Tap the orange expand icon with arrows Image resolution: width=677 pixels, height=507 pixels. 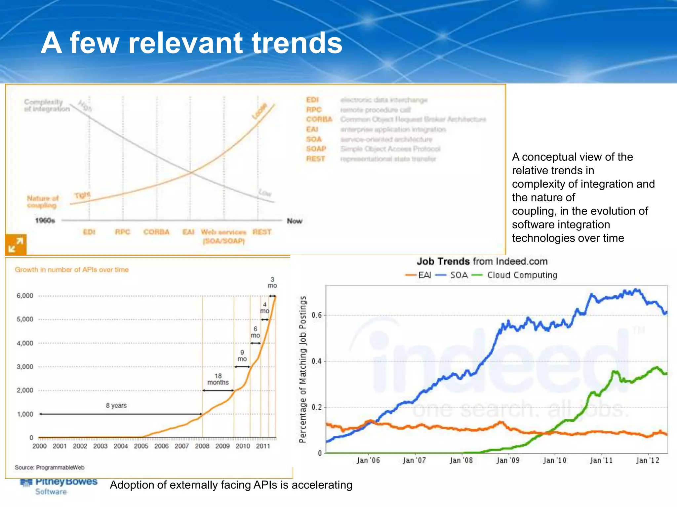click(16, 245)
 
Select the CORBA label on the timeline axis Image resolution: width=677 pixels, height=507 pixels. click(156, 232)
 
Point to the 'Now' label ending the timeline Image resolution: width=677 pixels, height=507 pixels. click(294, 221)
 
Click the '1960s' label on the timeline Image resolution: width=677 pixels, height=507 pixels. click(45, 220)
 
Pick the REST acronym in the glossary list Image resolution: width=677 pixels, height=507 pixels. click(315, 159)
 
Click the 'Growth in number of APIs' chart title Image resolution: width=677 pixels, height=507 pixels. click(72, 270)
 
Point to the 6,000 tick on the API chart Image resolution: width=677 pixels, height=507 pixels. click(25, 296)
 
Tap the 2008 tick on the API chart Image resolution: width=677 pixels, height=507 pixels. click(202, 446)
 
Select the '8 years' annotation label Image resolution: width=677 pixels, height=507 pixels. click(116, 405)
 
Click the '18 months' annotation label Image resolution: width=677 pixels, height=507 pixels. click(218, 379)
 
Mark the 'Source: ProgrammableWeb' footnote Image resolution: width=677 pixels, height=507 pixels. click(50, 467)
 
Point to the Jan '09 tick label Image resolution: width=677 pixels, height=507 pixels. click(508, 460)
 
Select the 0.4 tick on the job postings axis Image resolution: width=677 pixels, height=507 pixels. click(316, 361)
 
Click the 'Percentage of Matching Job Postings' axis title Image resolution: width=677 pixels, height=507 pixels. click(302, 369)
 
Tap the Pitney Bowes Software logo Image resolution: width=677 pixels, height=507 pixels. click(59, 486)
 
